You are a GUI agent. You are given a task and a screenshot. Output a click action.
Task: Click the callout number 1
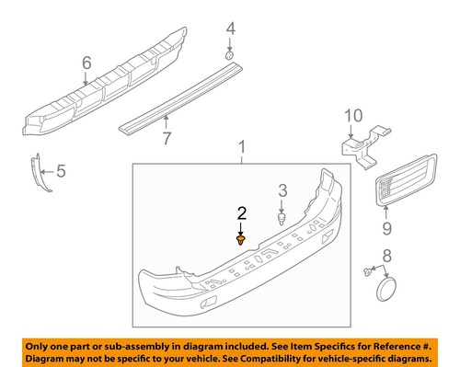(242, 147)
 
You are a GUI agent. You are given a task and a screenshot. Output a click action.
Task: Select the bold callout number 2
(241, 212)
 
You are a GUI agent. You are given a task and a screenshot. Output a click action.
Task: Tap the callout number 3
(283, 191)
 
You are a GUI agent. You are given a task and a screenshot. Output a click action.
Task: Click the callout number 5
(62, 169)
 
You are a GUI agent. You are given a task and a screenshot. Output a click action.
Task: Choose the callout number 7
(167, 139)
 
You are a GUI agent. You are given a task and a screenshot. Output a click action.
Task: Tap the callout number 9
(387, 224)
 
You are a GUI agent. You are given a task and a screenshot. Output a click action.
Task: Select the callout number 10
(354, 116)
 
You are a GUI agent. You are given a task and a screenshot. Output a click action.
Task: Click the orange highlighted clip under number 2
(241, 241)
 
